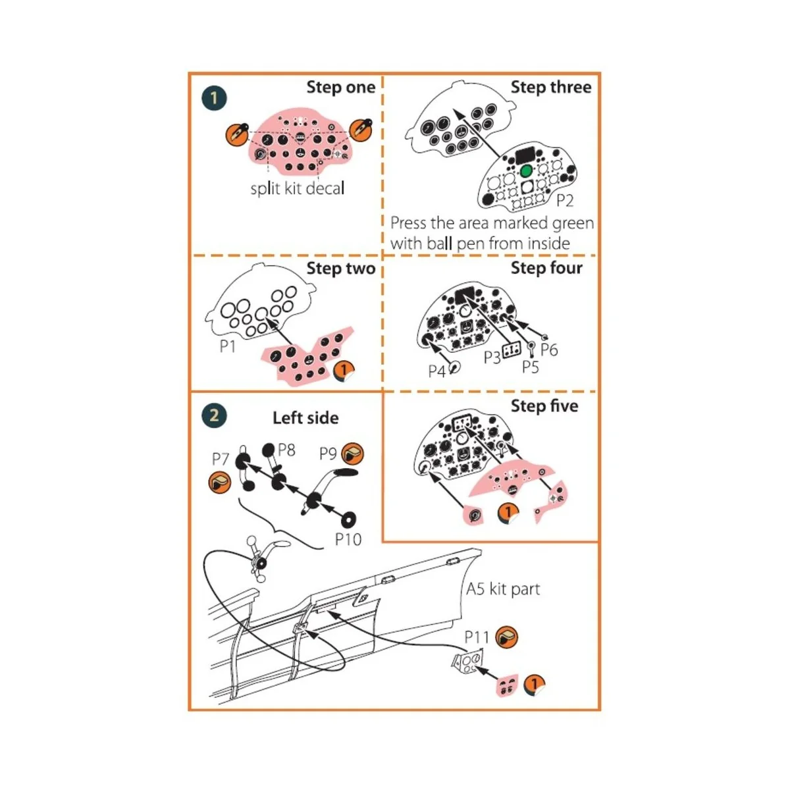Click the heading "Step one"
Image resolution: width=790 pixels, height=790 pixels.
pyautogui.click(x=340, y=88)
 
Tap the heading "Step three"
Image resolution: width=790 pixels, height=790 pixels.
pyautogui.click(x=551, y=88)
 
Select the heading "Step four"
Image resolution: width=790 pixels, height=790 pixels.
pyautogui.click(x=546, y=268)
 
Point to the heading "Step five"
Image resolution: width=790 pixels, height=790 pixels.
pyautogui.click(x=544, y=406)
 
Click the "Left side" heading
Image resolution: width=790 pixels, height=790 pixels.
pyautogui.click(x=305, y=418)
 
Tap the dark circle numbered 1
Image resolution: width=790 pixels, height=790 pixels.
pyautogui.click(x=214, y=99)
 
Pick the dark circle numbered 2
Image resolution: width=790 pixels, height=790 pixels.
pyautogui.click(x=214, y=415)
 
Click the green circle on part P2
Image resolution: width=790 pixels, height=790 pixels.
pyautogui.click(x=525, y=171)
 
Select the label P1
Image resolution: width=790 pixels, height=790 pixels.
pyautogui.click(x=227, y=346)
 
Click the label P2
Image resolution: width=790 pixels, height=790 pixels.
pyautogui.click(x=564, y=200)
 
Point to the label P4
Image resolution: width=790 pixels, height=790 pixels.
pyautogui.click(x=437, y=371)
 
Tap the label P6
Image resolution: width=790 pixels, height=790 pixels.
pyautogui.click(x=549, y=350)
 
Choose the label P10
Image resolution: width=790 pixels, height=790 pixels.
pyautogui.click(x=348, y=540)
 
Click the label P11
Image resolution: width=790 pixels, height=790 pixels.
pyautogui.click(x=477, y=637)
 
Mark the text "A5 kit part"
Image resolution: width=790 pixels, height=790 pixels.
pyautogui.click(x=503, y=589)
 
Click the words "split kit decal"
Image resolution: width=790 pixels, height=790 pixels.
pyautogui.click(x=298, y=188)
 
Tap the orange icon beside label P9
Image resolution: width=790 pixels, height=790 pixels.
pyautogui.click(x=353, y=454)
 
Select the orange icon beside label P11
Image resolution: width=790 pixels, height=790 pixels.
pyautogui.click(x=506, y=637)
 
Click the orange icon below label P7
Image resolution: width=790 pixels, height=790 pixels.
pyautogui.click(x=220, y=483)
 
